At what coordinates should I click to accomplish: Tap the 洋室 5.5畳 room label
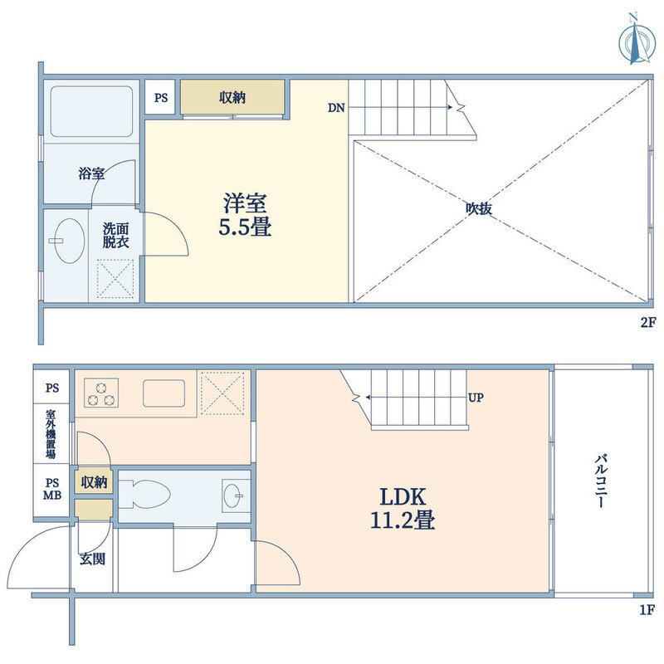point(245,215)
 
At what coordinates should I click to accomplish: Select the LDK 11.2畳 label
point(403,508)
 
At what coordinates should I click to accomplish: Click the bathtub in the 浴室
point(91,111)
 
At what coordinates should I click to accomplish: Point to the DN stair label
point(336,108)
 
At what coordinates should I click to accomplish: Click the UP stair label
point(476,398)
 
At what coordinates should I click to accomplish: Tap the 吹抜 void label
point(479,208)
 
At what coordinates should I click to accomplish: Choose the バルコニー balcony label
point(601,481)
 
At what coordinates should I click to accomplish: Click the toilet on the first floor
point(144,494)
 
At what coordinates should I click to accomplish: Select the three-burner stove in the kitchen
point(100,393)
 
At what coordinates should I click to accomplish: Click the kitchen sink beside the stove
point(164,393)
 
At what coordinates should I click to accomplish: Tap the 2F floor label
point(648,323)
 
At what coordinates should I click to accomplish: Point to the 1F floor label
point(648,610)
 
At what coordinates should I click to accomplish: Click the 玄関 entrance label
point(92,559)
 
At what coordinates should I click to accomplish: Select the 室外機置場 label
point(51,434)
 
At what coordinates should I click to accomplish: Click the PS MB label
point(52,489)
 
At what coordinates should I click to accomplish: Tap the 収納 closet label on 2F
point(232,97)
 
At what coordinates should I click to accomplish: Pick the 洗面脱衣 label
point(116,236)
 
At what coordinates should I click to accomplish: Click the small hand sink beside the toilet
point(234,495)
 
